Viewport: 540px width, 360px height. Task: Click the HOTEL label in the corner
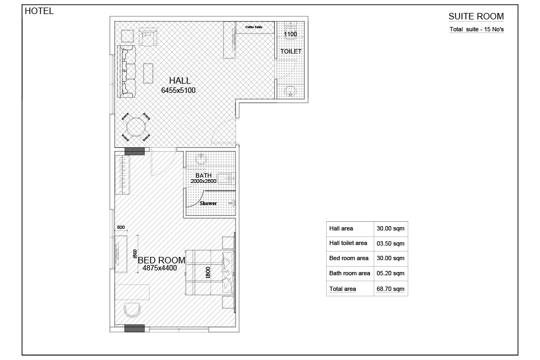(x=39, y=11)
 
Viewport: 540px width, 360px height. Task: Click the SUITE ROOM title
(x=476, y=16)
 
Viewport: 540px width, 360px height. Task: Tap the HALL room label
(x=180, y=80)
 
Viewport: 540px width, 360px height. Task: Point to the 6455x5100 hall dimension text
(x=178, y=91)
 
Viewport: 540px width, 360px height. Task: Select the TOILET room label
(x=291, y=51)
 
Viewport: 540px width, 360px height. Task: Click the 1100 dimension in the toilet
(x=291, y=34)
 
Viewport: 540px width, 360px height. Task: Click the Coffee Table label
(x=254, y=27)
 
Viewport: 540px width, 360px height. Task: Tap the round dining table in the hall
(x=136, y=127)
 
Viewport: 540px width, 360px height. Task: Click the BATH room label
(x=204, y=175)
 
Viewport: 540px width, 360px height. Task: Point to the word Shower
(x=208, y=203)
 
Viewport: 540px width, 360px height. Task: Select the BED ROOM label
(x=161, y=260)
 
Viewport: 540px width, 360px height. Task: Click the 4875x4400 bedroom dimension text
(x=160, y=268)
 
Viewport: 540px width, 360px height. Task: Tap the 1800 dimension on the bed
(x=208, y=272)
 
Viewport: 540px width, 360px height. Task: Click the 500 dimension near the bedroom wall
(x=121, y=227)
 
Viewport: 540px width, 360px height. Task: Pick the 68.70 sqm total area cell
(x=390, y=289)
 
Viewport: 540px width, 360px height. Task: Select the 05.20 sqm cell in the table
(x=390, y=273)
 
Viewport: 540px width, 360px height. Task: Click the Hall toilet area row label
(x=348, y=243)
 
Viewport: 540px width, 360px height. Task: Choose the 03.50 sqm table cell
(x=390, y=243)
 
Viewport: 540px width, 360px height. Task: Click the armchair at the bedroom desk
(x=132, y=310)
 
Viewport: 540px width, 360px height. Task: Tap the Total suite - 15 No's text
(x=477, y=29)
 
